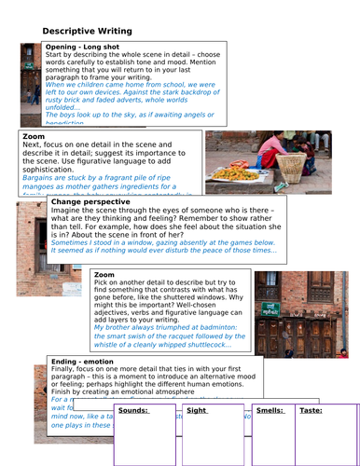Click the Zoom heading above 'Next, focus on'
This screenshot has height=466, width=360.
pyautogui.click(x=32, y=136)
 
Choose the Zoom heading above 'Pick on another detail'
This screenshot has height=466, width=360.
pyautogui.click(x=104, y=276)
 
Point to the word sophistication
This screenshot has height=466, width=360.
pyautogui.click(x=53, y=170)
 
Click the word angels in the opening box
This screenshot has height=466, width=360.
pyautogui.click(x=197, y=122)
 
